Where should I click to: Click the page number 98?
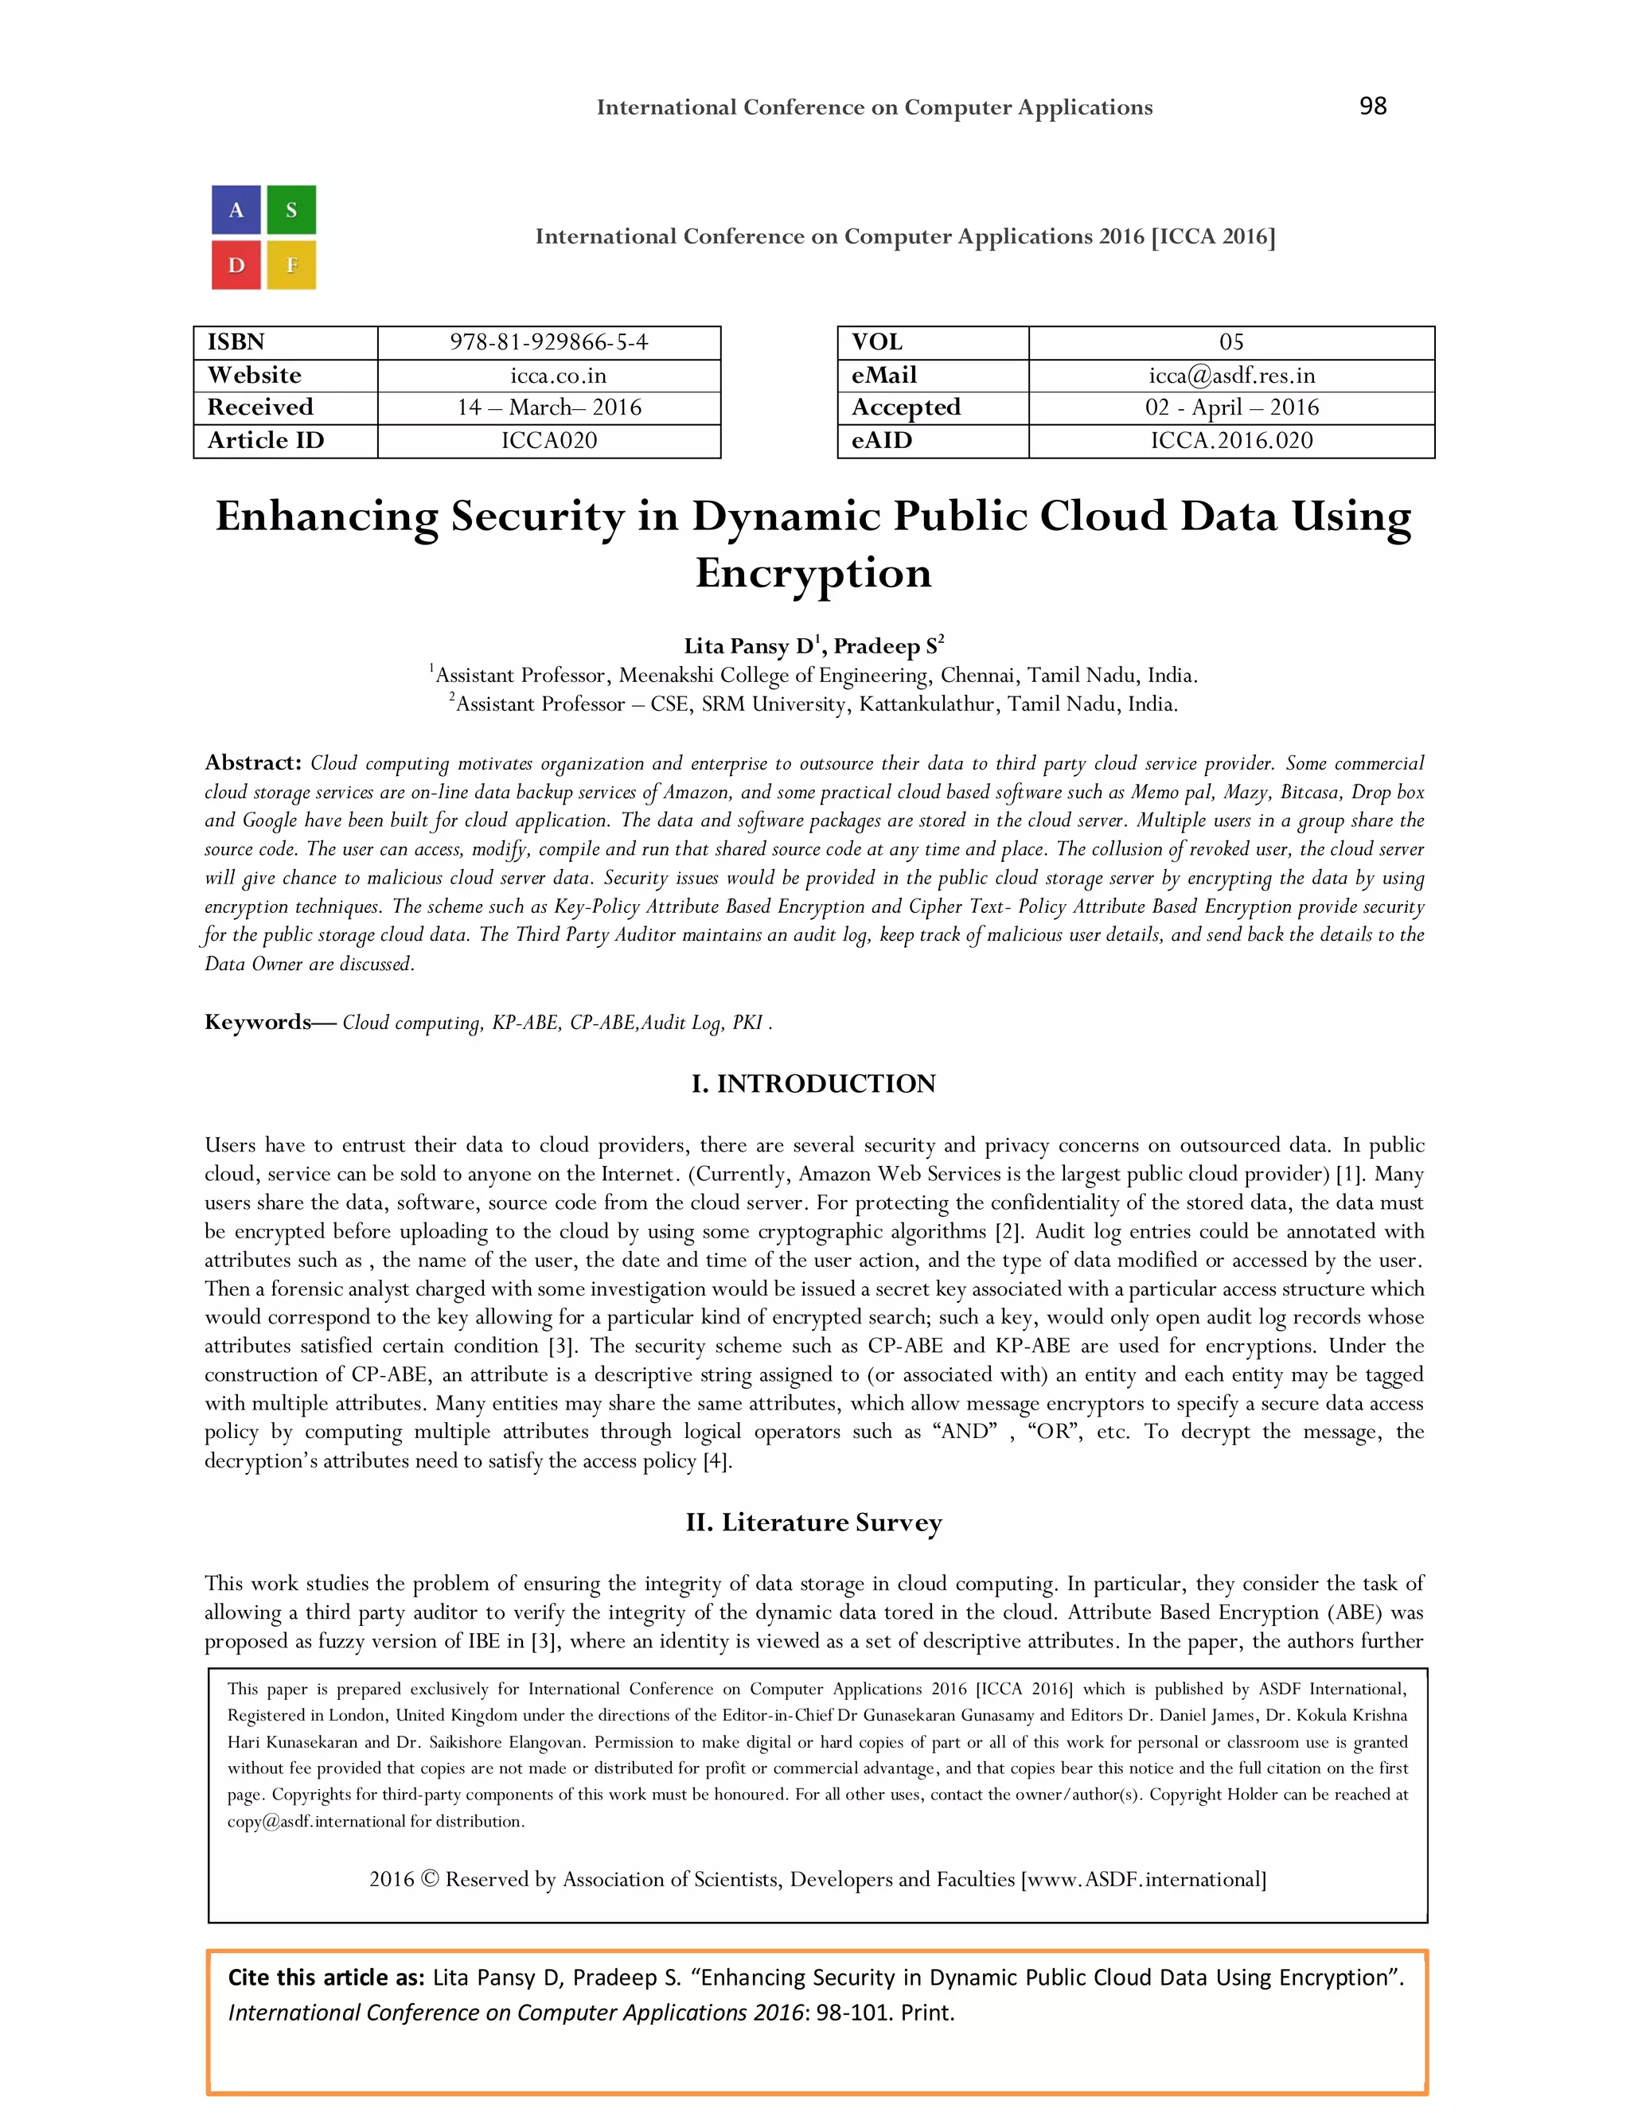(x=1372, y=105)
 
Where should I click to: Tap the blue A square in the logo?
(x=236, y=209)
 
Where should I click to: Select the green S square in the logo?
(x=291, y=209)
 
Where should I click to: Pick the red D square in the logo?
(x=236, y=264)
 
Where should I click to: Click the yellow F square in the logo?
(x=291, y=264)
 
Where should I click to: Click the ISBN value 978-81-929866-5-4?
(x=548, y=342)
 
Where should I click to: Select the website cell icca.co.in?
(x=548, y=375)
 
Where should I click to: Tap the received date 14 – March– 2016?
(x=548, y=407)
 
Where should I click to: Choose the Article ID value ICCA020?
(x=548, y=440)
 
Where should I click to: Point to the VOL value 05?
(x=1231, y=342)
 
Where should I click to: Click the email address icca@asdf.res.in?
(x=1231, y=375)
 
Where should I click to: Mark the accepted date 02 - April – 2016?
(x=1231, y=407)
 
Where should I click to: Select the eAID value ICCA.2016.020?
(x=1231, y=440)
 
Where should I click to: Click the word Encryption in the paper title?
(x=813, y=573)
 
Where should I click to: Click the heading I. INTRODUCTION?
(x=813, y=1083)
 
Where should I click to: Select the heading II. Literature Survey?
(x=813, y=1522)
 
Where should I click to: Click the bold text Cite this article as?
(x=326, y=1977)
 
